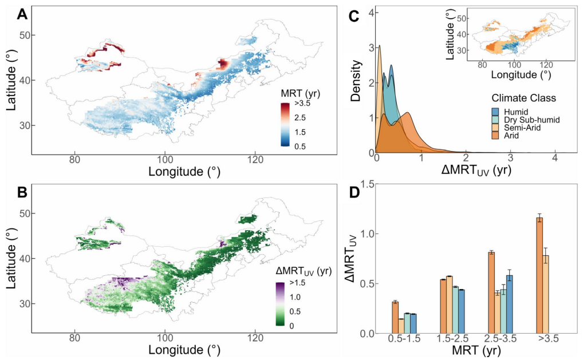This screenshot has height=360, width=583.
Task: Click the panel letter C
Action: (353, 16)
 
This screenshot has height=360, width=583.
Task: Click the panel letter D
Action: (353, 194)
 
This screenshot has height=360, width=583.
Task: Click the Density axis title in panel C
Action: (357, 81)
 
